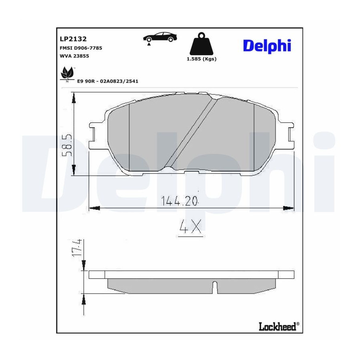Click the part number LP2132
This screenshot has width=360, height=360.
click(73, 39)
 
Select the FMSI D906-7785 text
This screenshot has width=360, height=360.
click(81, 48)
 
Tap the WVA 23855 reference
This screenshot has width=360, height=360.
click(74, 56)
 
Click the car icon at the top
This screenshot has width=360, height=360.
click(160, 38)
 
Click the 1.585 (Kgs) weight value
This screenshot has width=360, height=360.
click(202, 59)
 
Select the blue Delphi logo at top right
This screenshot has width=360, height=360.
click(267, 46)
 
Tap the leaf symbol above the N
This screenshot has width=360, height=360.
click(67, 72)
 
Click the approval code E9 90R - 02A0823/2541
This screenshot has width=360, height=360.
click(108, 81)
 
